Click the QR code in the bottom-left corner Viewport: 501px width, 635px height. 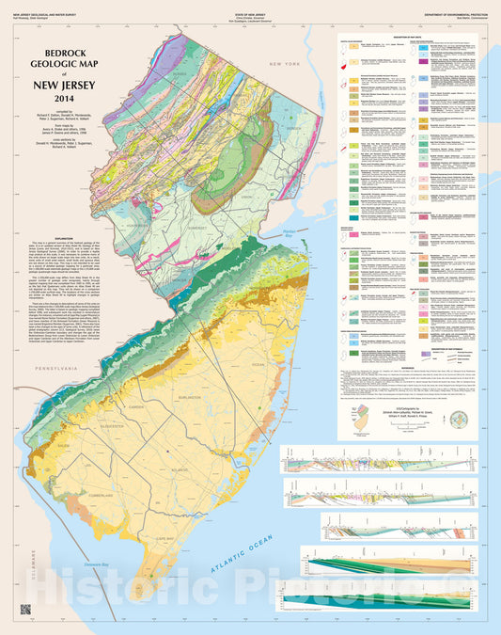coord(25,607)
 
